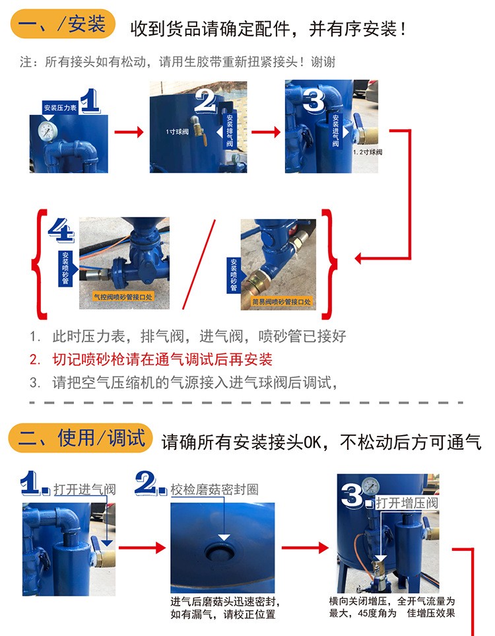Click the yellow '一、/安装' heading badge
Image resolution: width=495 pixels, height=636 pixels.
[x=63, y=24]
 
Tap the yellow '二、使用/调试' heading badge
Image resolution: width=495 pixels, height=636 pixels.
[x=81, y=438]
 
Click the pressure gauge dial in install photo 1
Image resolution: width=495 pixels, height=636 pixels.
[x=48, y=131]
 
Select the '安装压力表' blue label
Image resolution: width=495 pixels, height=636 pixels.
[x=60, y=108]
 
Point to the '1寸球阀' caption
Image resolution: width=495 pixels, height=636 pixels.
[x=177, y=131]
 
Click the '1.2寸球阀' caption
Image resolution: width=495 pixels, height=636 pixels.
[x=368, y=152]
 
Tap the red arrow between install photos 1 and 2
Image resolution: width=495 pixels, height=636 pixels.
[x=129, y=132]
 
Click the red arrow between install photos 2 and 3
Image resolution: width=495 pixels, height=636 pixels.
[x=266, y=132]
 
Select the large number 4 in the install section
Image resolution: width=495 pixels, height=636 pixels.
[x=61, y=230]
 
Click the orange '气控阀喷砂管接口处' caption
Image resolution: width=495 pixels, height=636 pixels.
[x=123, y=297]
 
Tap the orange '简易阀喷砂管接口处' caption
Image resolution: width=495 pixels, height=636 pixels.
[x=281, y=302]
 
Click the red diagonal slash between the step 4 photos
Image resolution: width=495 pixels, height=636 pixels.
[x=199, y=264]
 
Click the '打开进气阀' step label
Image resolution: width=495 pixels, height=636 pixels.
[x=84, y=489]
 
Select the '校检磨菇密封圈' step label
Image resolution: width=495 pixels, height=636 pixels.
[x=214, y=489]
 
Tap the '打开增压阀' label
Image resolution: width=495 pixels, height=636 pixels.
[x=407, y=503]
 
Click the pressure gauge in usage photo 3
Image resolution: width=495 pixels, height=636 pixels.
[x=370, y=486]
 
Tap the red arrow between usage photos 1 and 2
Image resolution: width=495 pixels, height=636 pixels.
[x=143, y=548]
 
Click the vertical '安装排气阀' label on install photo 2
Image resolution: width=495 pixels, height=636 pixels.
[x=230, y=131]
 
